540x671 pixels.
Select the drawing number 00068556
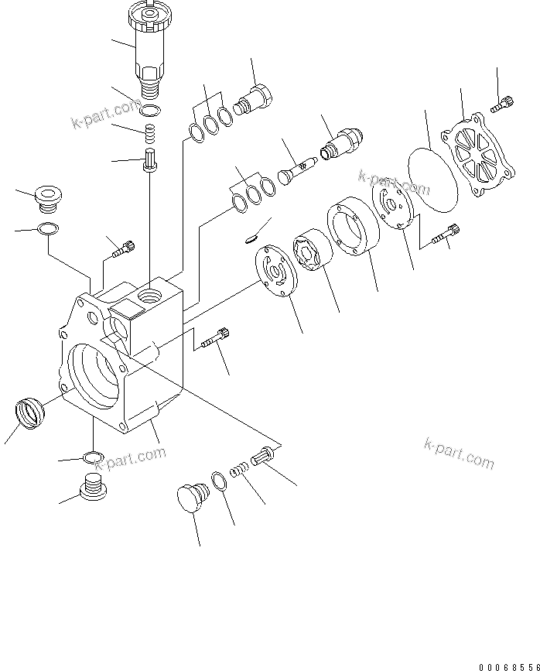tap(507, 665)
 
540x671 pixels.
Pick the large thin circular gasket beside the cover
tap(433, 177)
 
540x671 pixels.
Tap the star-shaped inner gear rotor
tap(312, 252)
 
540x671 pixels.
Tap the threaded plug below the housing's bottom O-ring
tap(92, 488)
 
